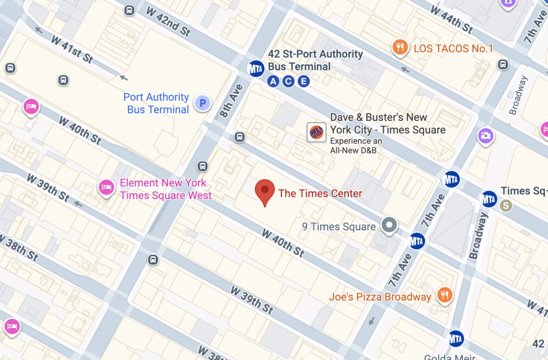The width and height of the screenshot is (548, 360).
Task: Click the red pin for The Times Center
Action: point(264,192)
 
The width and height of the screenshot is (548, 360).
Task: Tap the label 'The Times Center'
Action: point(320,194)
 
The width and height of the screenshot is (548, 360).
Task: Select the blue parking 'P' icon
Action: point(202,103)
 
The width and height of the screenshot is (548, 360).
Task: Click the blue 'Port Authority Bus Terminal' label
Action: point(156,103)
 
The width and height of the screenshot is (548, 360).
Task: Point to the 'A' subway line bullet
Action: point(273,81)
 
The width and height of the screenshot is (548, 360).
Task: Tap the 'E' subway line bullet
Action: point(303,81)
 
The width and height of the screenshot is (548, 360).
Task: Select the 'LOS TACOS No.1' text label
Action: point(453,49)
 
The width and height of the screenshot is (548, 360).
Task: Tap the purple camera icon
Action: point(485,135)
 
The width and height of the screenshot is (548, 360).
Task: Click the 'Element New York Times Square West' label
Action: point(165,189)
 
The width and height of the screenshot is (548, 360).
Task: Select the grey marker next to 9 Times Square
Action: point(389,225)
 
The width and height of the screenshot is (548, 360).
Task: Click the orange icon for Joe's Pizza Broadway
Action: point(444,295)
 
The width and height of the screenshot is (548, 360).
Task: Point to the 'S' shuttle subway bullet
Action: point(505,205)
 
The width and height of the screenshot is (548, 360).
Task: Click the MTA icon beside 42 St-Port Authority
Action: point(256,68)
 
